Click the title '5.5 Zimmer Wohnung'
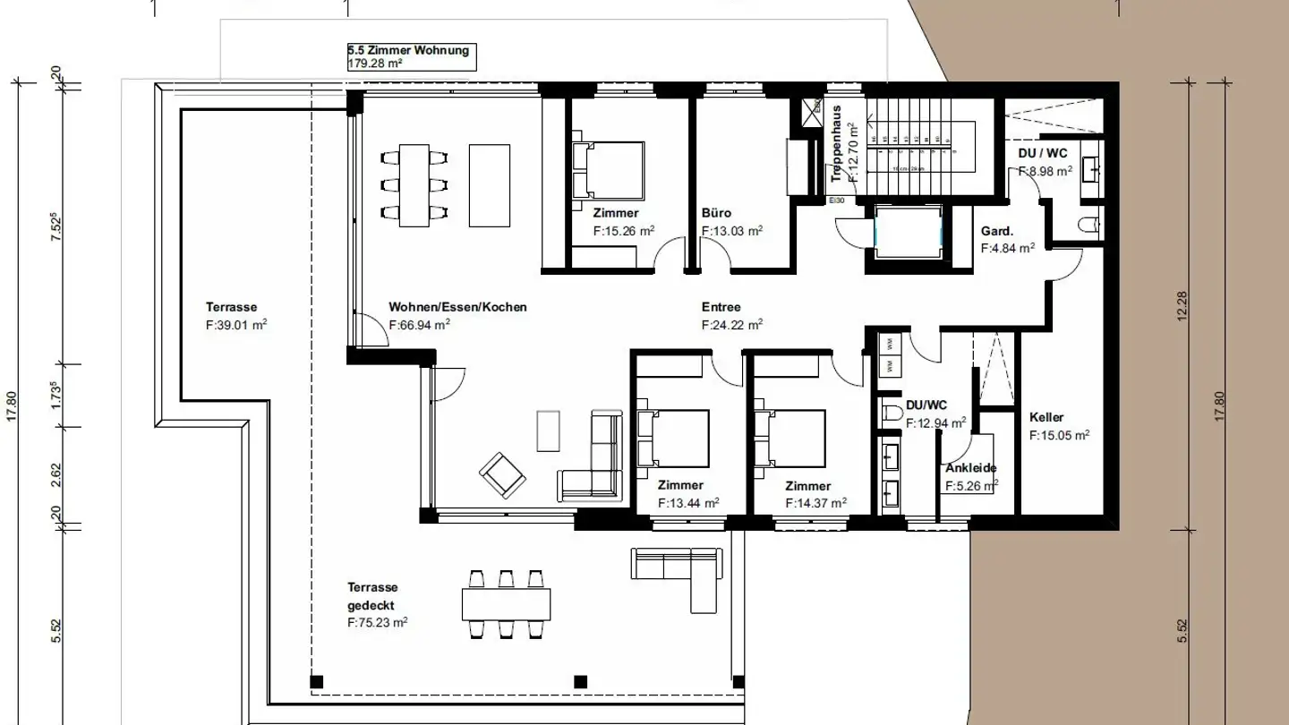click(408, 51)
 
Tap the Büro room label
click(716, 213)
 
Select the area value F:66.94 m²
click(419, 326)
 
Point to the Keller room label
click(1046, 417)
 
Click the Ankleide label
click(971, 468)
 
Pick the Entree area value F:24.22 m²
click(731, 326)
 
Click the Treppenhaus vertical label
click(836, 143)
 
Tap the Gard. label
click(997, 231)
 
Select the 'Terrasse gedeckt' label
click(372, 596)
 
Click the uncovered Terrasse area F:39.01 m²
click(236, 326)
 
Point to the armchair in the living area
click(503, 474)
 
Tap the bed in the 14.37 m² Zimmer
click(790, 439)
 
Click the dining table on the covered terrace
click(506, 604)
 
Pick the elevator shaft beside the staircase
click(909, 233)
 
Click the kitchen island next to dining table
click(489, 185)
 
